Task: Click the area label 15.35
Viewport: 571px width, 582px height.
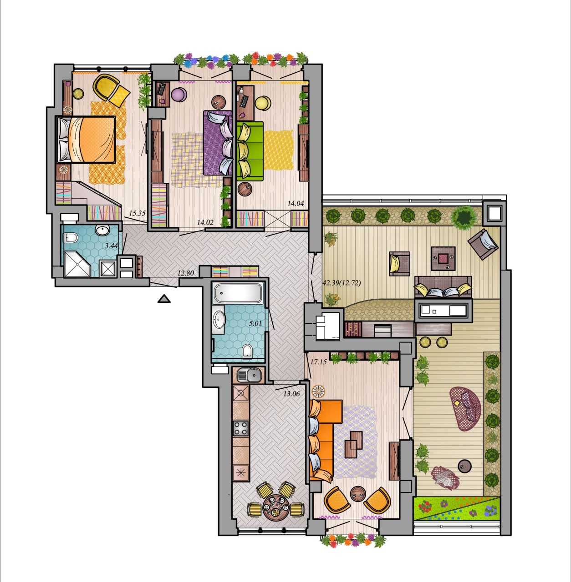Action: (x=138, y=213)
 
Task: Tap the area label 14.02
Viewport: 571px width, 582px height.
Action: (x=205, y=223)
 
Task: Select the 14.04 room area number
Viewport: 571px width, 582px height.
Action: (x=296, y=204)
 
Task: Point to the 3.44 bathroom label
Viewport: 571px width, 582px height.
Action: (x=112, y=246)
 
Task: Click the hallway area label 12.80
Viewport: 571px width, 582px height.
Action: (x=185, y=273)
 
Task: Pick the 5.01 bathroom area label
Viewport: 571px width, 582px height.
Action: (x=255, y=323)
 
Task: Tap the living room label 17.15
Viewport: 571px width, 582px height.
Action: (x=319, y=362)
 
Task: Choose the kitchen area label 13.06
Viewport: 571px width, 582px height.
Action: (x=292, y=394)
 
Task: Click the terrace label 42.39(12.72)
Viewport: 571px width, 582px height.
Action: (x=342, y=283)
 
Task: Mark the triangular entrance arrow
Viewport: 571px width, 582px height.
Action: (x=164, y=299)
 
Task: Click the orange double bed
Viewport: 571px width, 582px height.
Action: (x=86, y=140)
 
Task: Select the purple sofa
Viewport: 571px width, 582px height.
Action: (x=218, y=143)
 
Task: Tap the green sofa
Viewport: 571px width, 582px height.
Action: (x=250, y=151)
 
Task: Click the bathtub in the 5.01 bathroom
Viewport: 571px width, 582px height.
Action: (x=238, y=293)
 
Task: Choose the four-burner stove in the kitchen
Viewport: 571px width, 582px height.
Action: (x=240, y=428)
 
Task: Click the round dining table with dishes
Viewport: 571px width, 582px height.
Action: (x=275, y=508)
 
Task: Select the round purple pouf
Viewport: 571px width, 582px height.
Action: (x=178, y=95)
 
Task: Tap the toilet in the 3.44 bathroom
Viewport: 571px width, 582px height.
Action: (x=70, y=238)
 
